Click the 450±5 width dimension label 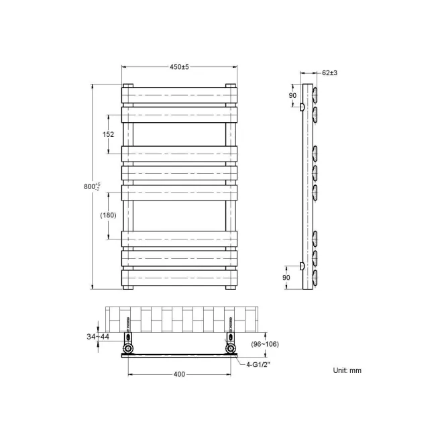coord(179,67)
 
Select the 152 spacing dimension coord(108,134)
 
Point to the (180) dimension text coord(108,215)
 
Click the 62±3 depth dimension coord(329,72)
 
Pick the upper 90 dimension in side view coord(292,96)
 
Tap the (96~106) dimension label coord(265,344)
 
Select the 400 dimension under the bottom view coord(179,374)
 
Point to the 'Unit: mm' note coord(347,370)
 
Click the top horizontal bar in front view coord(179,95)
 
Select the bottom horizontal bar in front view coord(179,277)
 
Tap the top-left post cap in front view coord(127,86)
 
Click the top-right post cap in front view coord(231,86)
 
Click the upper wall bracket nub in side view coord(303,107)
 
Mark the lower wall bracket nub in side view coord(303,266)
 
